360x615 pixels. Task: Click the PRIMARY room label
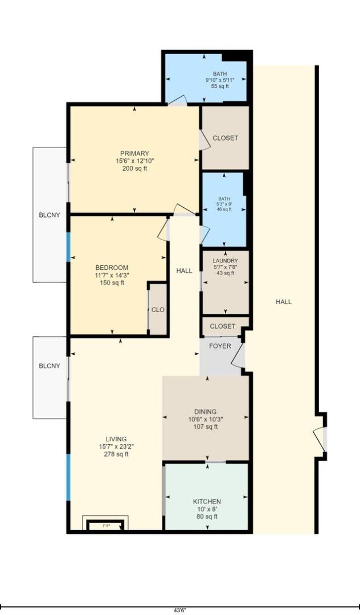click(134, 153)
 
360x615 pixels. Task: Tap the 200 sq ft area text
click(134, 169)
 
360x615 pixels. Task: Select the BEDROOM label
click(112, 268)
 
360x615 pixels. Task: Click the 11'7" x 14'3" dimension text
click(112, 275)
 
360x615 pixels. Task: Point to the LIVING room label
click(116, 439)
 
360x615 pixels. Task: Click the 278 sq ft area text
click(116, 454)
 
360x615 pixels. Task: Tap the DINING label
click(206, 412)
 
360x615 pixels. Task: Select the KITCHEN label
click(206, 502)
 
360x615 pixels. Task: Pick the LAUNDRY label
click(226, 261)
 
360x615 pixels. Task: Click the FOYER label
click(220, 346)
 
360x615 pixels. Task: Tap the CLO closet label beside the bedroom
click(158, 310)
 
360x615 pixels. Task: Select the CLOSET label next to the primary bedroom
click(225, 138)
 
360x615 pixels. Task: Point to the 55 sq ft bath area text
click(219, 87)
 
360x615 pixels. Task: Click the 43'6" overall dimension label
click(179, 610)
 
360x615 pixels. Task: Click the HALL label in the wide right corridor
click(284, 302)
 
